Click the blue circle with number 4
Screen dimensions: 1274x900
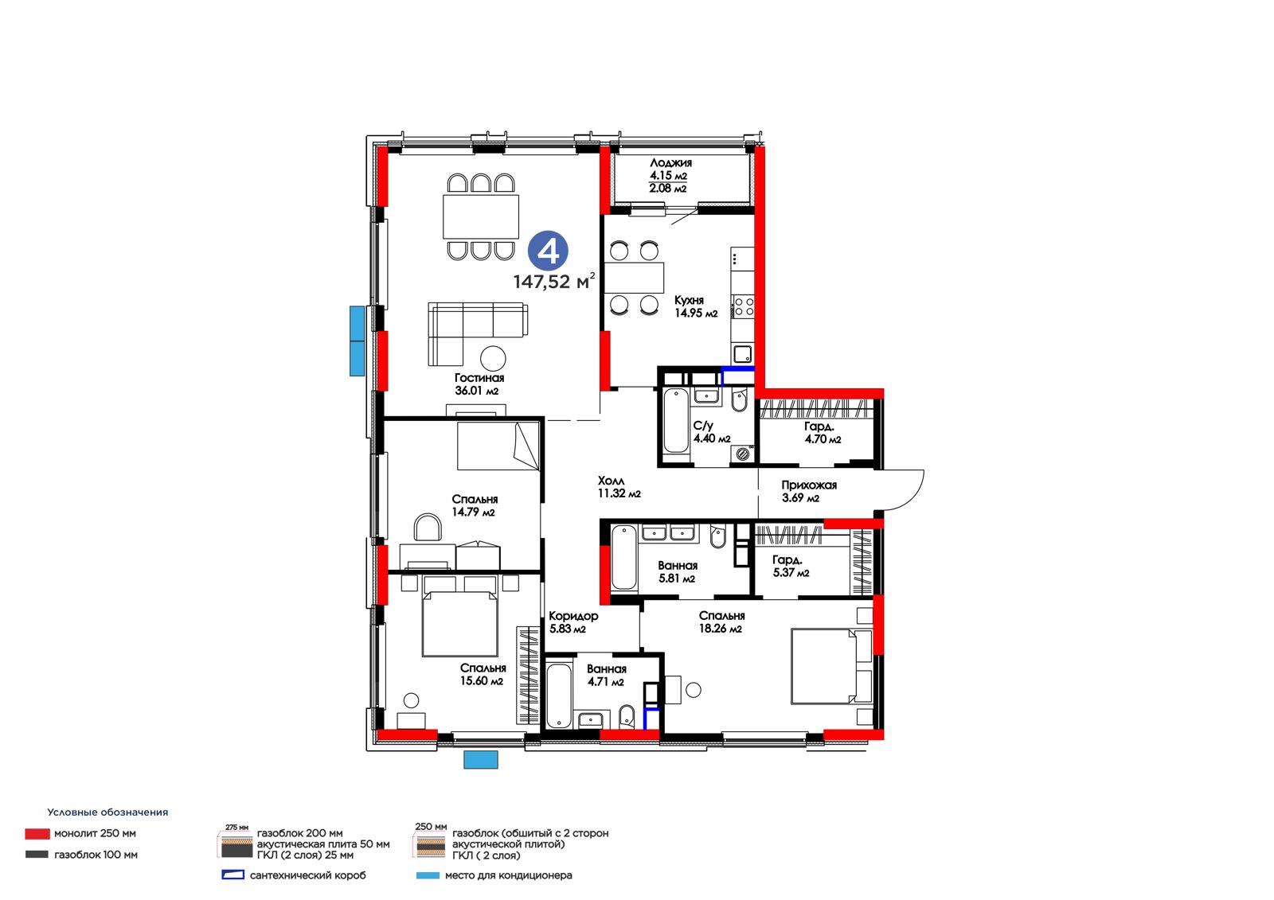548,250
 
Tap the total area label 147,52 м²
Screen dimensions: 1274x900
554,281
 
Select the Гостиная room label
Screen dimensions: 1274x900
479,377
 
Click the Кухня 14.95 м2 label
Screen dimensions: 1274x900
696,306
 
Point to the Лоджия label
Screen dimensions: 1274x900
670,162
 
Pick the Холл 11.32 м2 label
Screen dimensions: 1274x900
619,487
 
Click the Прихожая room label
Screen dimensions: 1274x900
809,485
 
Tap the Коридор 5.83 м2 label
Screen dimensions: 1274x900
573,622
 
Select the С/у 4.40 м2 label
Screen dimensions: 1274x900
712,431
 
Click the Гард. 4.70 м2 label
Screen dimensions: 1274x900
823,432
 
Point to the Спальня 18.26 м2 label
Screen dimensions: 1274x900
721,622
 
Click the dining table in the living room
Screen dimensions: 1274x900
481,216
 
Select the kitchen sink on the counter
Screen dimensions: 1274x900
742,354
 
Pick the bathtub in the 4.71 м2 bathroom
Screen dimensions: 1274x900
559,695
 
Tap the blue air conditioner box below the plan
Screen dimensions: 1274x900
481,760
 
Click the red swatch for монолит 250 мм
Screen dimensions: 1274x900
37,833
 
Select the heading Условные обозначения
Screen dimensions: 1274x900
107,812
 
